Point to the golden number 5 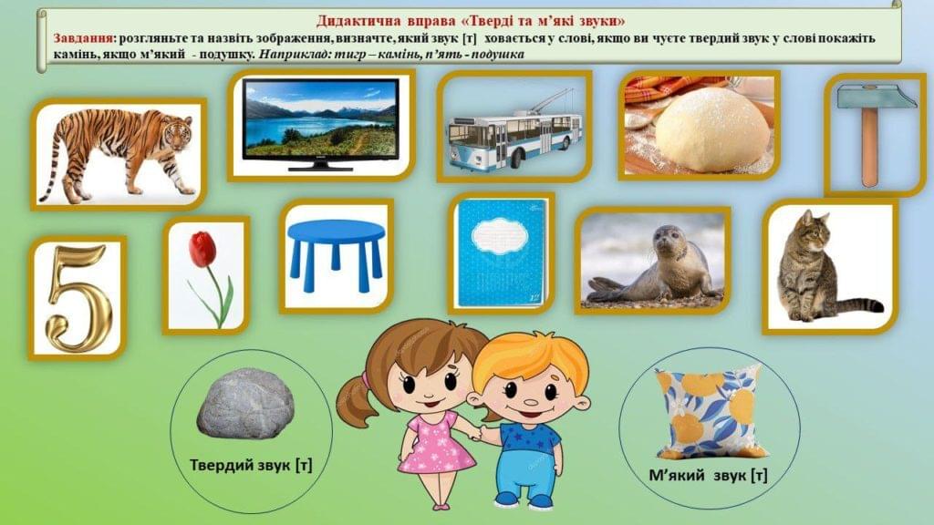78,299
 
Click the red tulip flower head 202,249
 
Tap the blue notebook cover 501,252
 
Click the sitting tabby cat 825,267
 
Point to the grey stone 245,402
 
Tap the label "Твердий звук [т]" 251,465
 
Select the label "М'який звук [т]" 708,475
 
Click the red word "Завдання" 83,38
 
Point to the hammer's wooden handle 870,147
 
